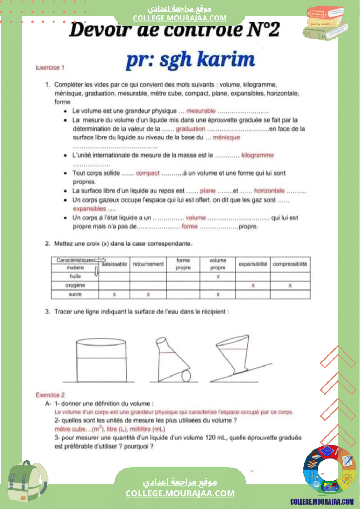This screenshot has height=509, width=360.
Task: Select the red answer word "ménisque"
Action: pyautogui.click(x=226, y=138)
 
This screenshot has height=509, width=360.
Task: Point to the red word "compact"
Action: pyautogui.click(x=148, y=173)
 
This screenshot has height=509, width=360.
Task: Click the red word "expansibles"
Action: pyautogui.click(x=89, y=209)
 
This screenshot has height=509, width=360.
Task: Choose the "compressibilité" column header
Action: pyautogui.click(x=290, y=264)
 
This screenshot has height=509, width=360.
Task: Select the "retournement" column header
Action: pyautogui.click(x=148, y=264)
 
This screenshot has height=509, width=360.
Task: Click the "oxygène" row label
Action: pyautogui.click(x=75, y=286)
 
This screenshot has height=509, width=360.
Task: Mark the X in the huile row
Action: pyautogui.click(x=217, y=276)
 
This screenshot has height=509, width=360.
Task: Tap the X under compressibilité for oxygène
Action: pyautogui.click(x=290, y=286)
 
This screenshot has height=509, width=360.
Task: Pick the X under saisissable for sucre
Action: pyautogui.click(x=114, y=295)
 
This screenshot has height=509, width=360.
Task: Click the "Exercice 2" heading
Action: pyautogui.click(x=50, y=395)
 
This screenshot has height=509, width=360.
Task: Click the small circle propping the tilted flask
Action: pyautogui.click(x=186, y=375)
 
